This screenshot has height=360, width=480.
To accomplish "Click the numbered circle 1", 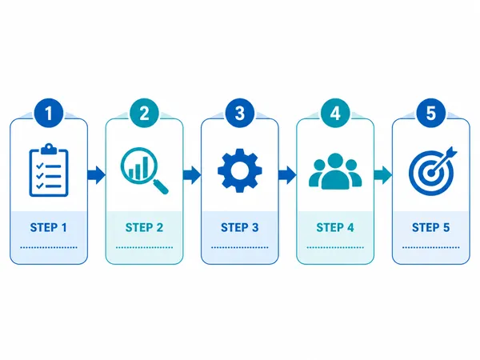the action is (49, 113).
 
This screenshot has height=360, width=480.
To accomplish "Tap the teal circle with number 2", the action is (144, 113).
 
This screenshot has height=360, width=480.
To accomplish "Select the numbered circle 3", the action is (240, 113).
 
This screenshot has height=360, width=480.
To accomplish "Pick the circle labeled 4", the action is (335, 113).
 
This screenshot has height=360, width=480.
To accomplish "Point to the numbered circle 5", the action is (430, 113).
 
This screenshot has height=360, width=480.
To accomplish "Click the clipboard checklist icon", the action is (49, 170).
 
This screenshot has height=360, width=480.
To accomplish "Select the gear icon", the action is (240, 170).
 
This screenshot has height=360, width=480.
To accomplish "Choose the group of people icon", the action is (335, 171).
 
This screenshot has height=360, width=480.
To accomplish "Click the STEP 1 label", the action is (48, 228).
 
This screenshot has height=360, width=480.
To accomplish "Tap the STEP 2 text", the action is (144, 228).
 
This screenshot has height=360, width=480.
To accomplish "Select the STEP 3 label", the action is (240, 228).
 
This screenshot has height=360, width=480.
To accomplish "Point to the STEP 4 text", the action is (335, 228).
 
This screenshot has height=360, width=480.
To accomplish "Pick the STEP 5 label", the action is (430, 228).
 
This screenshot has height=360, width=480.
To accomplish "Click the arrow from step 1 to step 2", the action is (96, 175).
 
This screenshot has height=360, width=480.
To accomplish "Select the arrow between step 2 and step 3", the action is (192, 175).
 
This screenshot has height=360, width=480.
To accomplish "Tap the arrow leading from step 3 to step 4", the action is (287, 175).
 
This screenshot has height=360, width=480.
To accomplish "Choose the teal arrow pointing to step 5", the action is (383, 175).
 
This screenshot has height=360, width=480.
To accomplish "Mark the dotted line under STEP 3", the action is (240, 247).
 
